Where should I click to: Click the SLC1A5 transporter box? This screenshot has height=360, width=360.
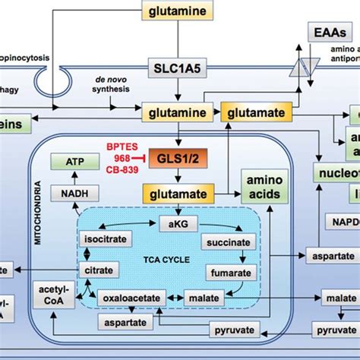(x=176, y=66)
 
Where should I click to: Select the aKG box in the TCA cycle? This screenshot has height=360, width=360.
(x=177, y=222)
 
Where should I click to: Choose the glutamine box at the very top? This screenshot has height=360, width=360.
(x=176, y=11)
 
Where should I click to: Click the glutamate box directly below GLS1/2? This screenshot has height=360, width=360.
(x=176, y=194)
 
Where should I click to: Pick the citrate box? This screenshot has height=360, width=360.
(x=99, y=270)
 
